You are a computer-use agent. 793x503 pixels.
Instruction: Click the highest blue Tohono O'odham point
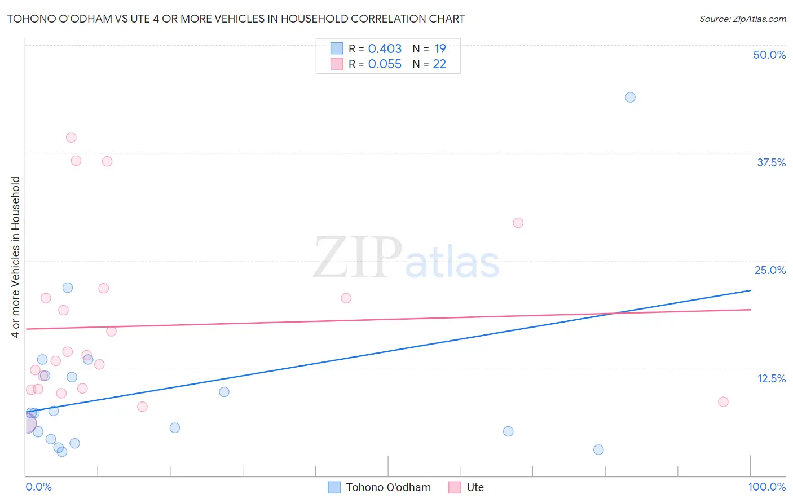tap(630, 98)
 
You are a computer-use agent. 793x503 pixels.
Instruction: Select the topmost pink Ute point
tap(71, 138)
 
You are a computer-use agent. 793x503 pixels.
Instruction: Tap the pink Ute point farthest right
tap(723, 402)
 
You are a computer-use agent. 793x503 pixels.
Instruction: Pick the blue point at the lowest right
tap(598, 450)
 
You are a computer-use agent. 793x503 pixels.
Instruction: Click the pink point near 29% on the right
tap(518, 223)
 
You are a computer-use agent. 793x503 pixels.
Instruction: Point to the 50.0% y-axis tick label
tap(769, 55)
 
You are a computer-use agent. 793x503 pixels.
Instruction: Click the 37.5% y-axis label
tap(771, 162)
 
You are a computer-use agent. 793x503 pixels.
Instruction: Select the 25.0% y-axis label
tap(770, 270)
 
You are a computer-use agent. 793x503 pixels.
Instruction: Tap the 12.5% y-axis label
tap(771, 378)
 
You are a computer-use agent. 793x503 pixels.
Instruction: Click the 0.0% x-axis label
tap(39, 487)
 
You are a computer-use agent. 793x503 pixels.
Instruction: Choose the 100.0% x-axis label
tap(766, 487)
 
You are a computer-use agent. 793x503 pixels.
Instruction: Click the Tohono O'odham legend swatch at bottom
tap(334, 487)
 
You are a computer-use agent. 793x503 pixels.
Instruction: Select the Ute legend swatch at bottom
tap(455, 487)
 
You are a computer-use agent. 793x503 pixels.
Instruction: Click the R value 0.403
tap(385, 49)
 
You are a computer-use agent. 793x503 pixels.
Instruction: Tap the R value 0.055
tap(385, 64)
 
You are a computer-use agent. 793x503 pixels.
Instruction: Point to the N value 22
tap(439, 64)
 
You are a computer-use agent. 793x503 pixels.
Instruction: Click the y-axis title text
tap(15, 257)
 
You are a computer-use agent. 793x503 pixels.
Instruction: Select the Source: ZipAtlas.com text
tap(742, 19)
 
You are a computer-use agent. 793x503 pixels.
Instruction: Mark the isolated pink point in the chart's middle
tap(346, 298)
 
